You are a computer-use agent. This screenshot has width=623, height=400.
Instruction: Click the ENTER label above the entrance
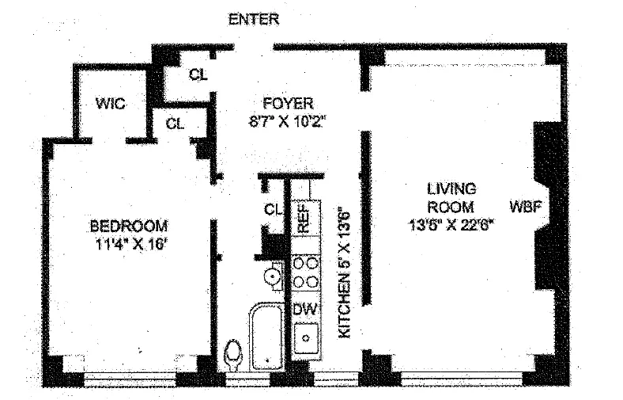(253, 20)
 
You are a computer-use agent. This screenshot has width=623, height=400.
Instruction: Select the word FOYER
(288, 104)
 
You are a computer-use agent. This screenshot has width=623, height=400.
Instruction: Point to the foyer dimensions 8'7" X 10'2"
(288, 121)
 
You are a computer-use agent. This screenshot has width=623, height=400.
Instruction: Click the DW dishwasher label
(304, 310)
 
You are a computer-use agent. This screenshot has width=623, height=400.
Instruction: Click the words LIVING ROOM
(451, 197)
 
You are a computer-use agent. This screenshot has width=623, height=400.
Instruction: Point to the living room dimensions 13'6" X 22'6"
(451, 224)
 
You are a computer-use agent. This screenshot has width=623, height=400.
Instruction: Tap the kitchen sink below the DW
(304, 339)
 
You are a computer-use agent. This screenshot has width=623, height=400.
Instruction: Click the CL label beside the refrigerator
(273, 210)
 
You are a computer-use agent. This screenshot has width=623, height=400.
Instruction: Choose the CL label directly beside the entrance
(198, 75)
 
